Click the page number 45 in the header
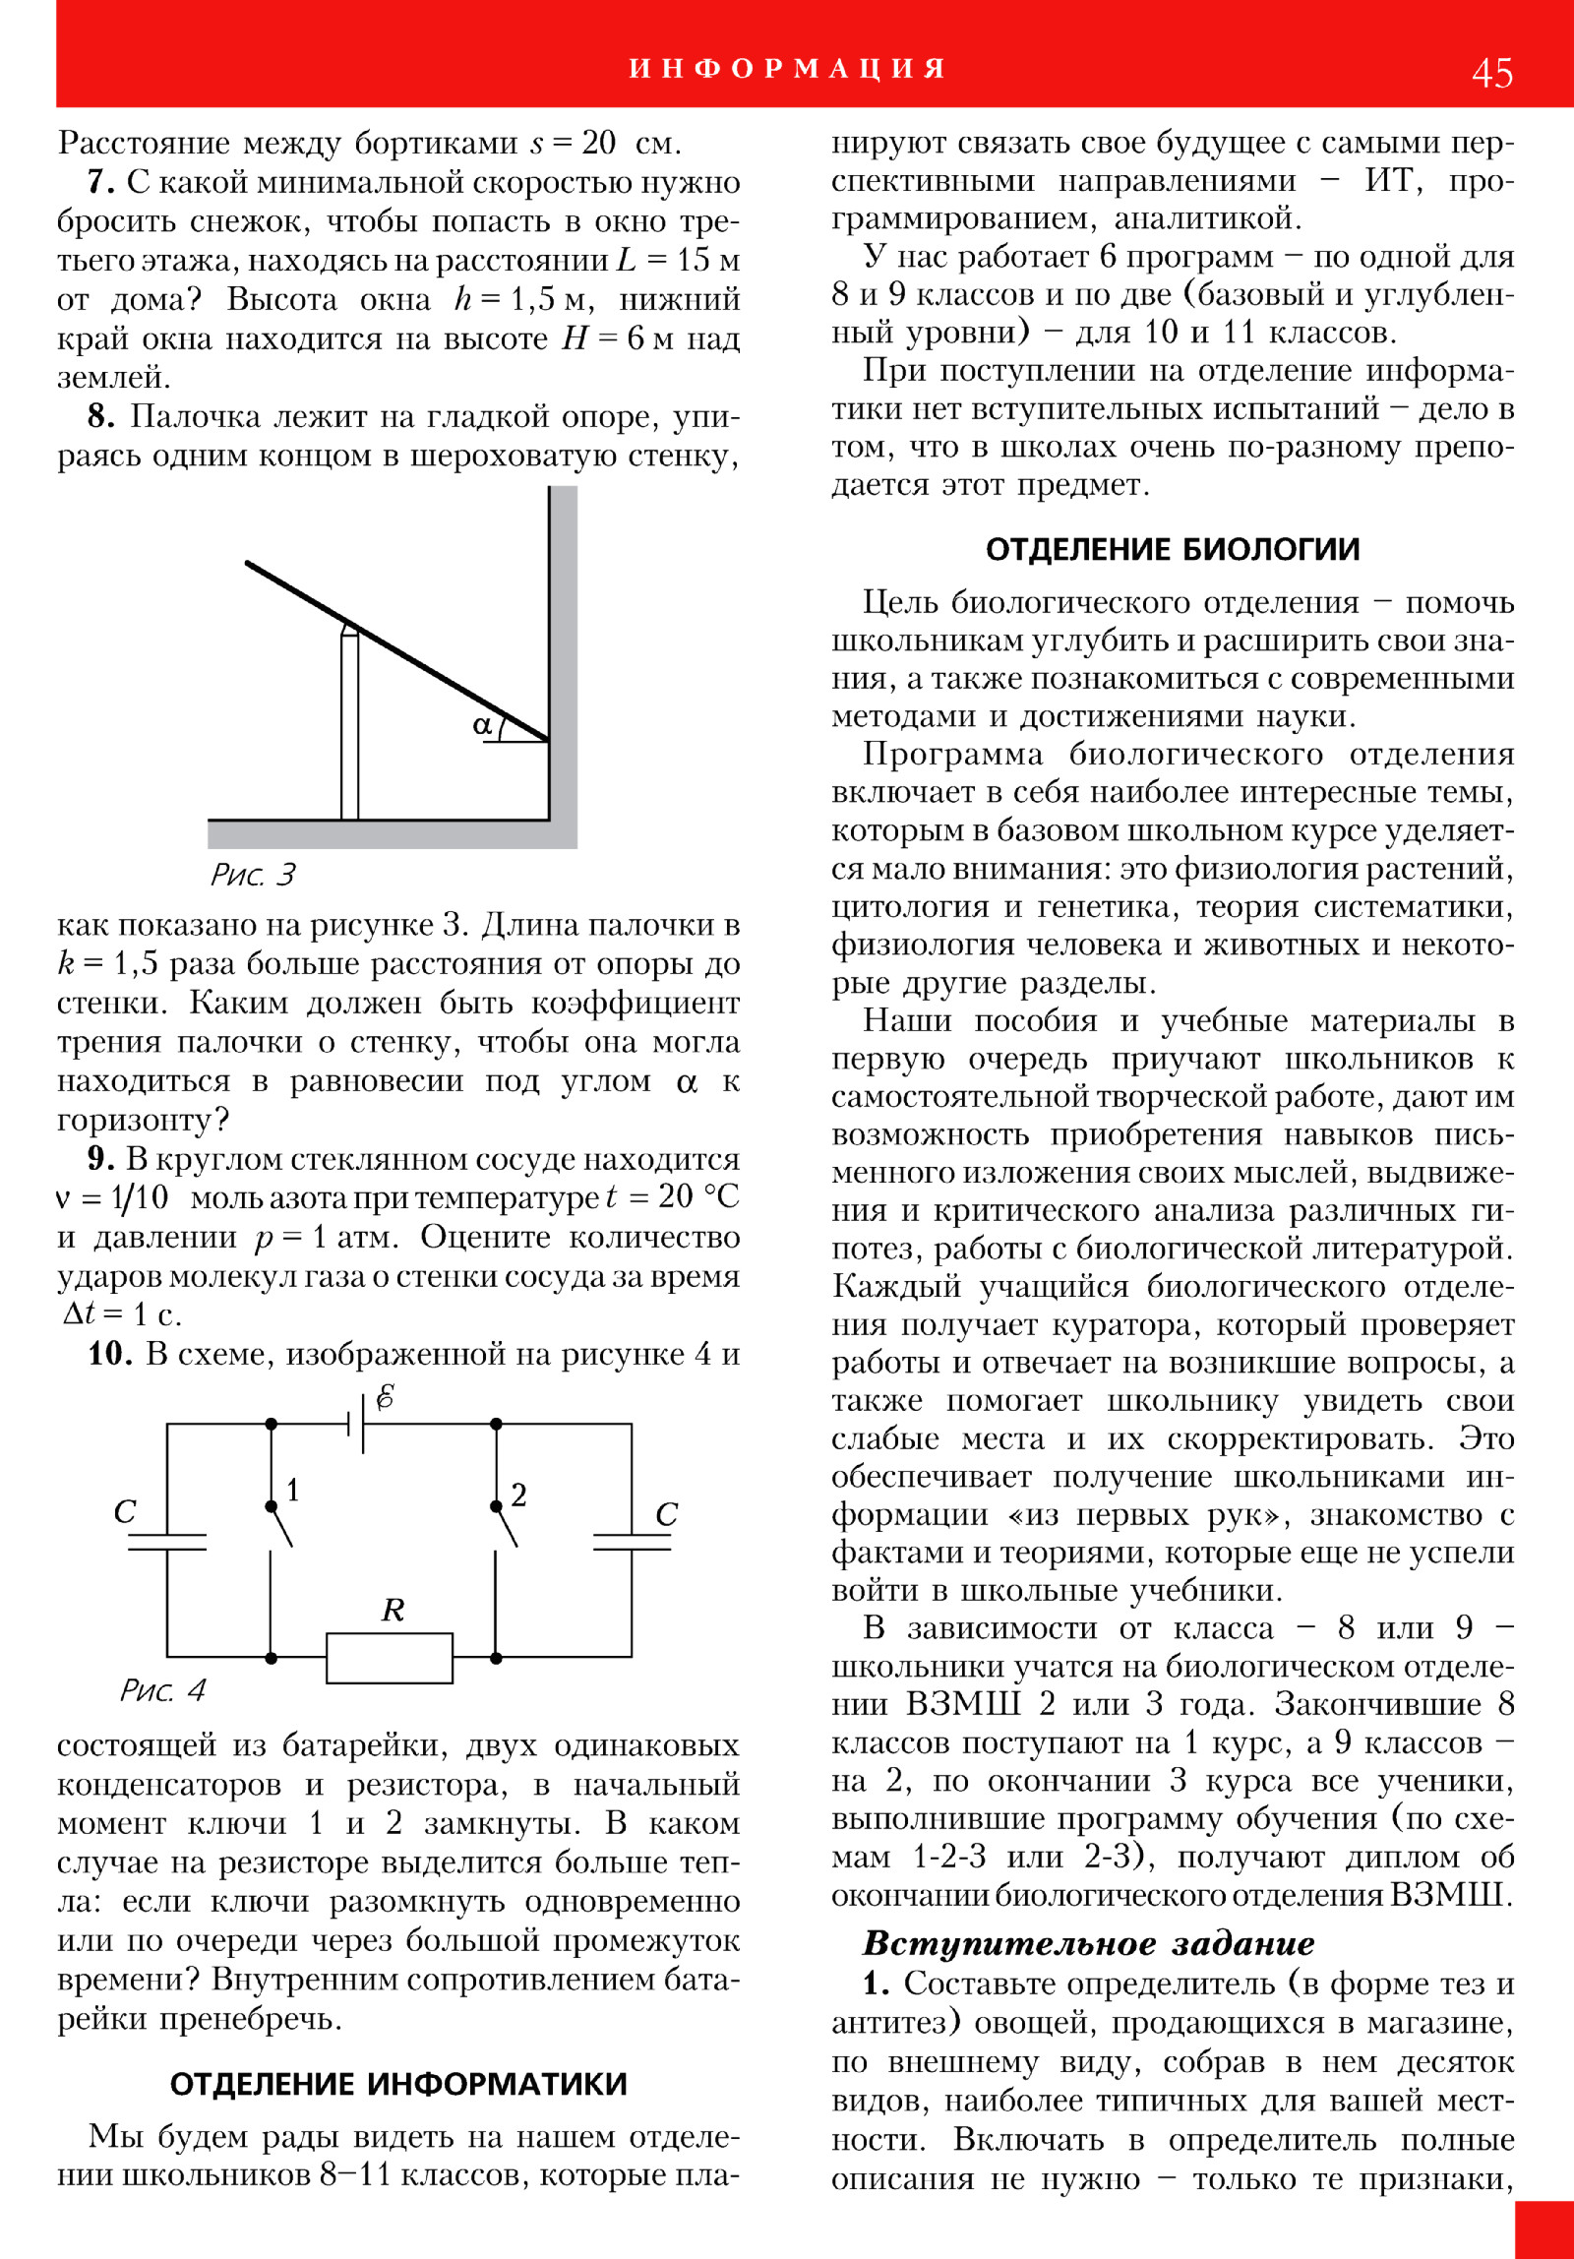(x=1491, y=74)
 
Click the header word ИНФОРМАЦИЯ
(x=787, y=69)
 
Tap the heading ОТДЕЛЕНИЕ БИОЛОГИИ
(x=1173, y=549)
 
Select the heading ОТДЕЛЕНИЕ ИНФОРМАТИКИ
(x=398, y=2084)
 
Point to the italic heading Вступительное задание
(x=1088, y=1943)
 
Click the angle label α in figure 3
(x=481, y=725)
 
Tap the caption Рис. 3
(x=253, y=875)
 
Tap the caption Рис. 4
(x=162, y=1690)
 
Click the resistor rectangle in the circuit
(x=390, y=1658)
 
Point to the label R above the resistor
(x=393, y=1610)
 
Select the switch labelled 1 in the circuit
(x=280, y=1523)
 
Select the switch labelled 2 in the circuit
(x=505, y=1523)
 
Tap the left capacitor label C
(x=125, y=1511)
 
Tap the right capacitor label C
(x=666, y=1514)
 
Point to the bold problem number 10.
(x=108, y=1354)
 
